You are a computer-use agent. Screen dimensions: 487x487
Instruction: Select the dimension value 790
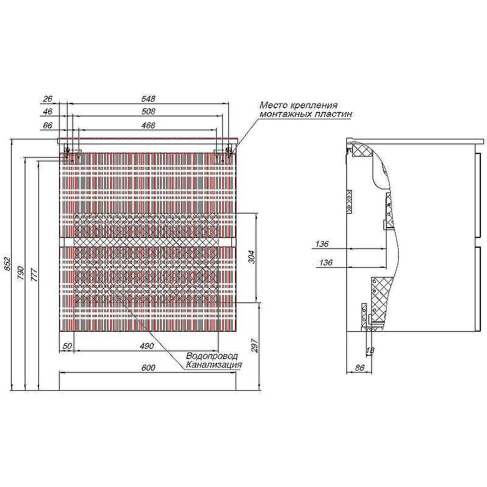click(21, 273)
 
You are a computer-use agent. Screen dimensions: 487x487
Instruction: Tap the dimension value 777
click(34, 275)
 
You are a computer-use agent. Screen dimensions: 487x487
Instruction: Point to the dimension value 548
click(148, 99)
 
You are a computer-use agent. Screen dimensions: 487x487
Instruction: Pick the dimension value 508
click(148, 111)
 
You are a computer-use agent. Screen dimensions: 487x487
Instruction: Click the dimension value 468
click(148, 125)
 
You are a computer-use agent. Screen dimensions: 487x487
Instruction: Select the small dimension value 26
click(47, 99)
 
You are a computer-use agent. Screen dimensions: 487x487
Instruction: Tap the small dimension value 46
click(47, 111)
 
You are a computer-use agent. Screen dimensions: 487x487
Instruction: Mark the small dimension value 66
click(47, 125)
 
